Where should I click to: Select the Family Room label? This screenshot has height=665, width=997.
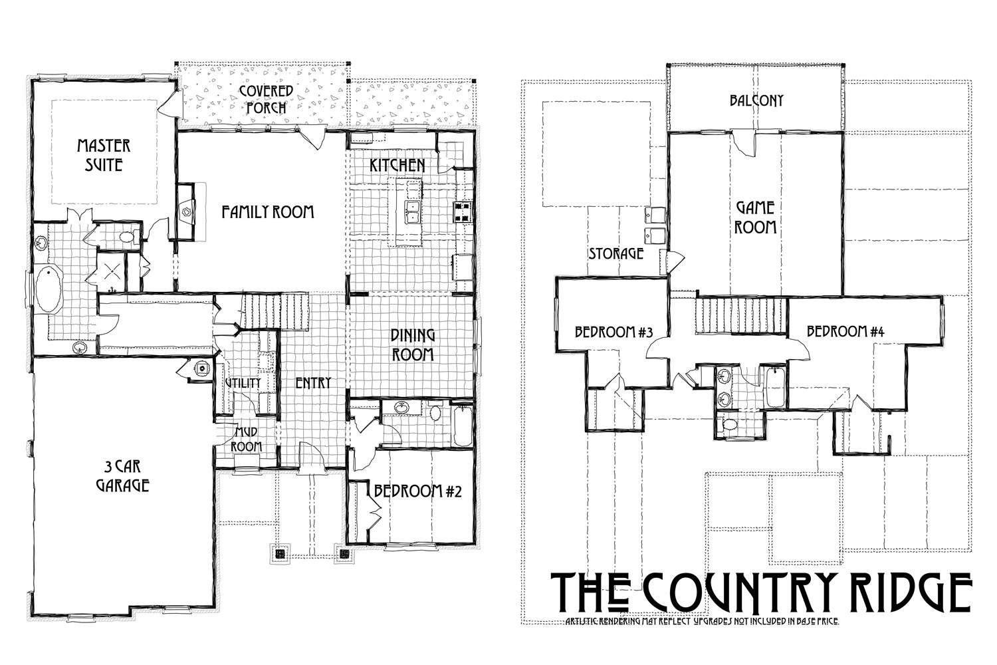267,212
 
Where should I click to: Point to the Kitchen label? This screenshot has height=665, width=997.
397,164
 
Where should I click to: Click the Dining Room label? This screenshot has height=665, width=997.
412,344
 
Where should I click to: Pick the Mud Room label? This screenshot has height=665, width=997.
246,440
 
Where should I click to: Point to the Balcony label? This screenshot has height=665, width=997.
756,100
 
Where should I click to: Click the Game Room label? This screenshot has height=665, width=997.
755,217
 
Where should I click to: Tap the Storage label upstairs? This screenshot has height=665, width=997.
616,253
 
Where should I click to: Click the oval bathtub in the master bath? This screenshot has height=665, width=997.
47,289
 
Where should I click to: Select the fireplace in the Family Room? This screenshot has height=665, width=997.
186,211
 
